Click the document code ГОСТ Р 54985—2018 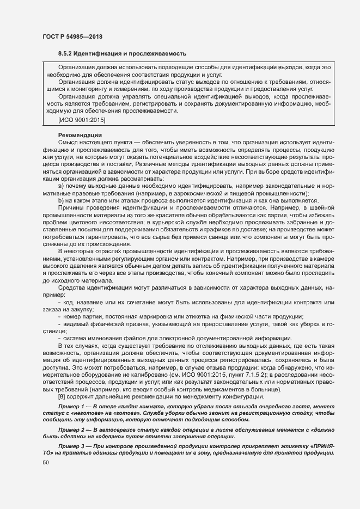tap(72, 36)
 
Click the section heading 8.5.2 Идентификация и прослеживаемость tap(123, 54)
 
